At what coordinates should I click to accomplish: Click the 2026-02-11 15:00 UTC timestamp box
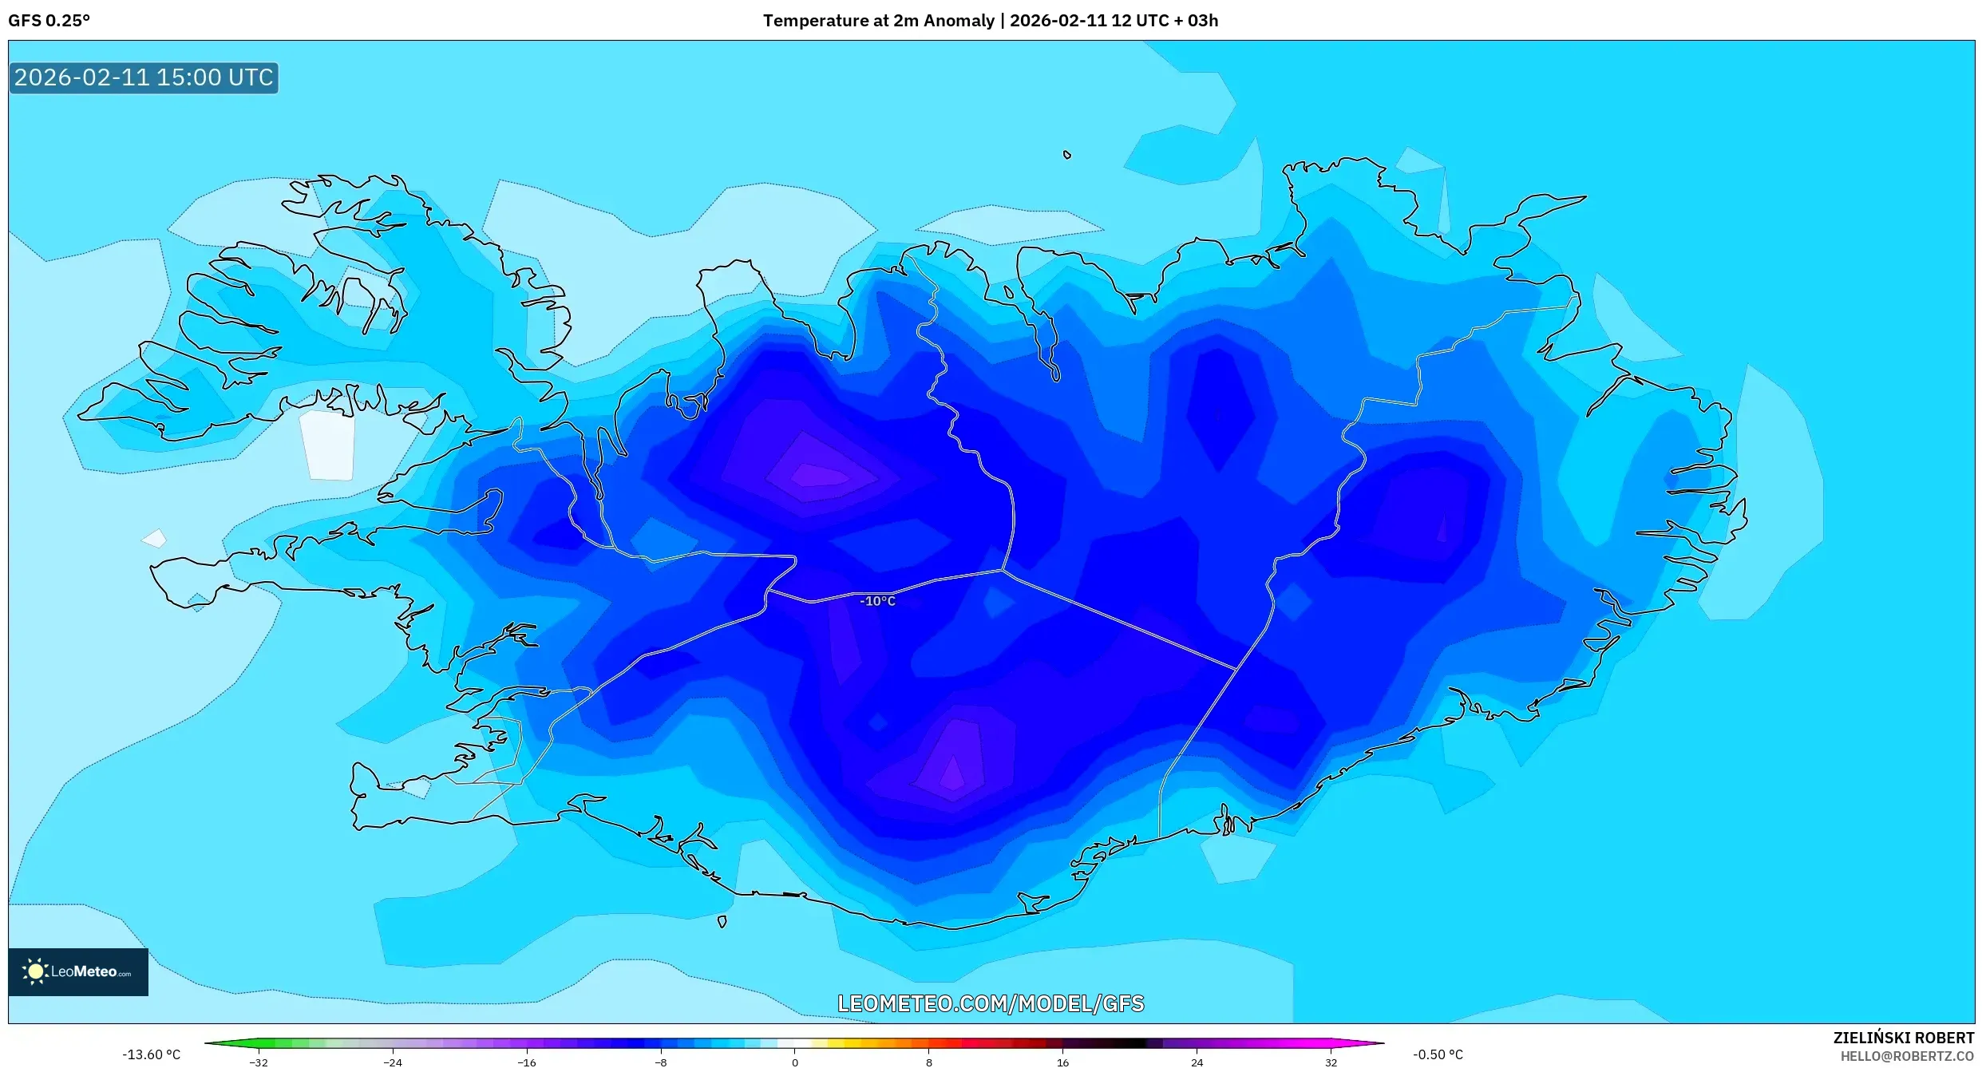point(144,77)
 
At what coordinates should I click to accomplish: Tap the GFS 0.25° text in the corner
point(49,21)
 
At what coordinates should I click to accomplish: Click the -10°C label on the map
point(877,601)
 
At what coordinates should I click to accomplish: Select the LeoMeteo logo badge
point(78,971)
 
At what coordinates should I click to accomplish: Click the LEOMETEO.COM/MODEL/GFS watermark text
point(990,1003)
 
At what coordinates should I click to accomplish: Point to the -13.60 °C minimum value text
point(151,1054)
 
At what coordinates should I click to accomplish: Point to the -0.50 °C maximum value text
point(1438,1054)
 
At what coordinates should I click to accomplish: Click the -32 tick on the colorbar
point(259,1062)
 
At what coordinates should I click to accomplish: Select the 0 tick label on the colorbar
point(794,1062)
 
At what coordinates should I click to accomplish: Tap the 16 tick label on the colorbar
point(1062,1062)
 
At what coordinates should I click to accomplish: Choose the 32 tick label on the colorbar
point(1331,1062)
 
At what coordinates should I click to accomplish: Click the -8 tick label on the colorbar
point(661,1062)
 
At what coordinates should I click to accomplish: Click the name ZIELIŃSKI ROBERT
point(1903,1038)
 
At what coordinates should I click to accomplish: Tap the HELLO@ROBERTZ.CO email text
point(1907,1056)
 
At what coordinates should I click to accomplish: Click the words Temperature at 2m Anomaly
point(878,21)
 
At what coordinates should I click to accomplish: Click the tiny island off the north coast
point(1066,155)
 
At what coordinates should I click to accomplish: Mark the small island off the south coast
point(722,921)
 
